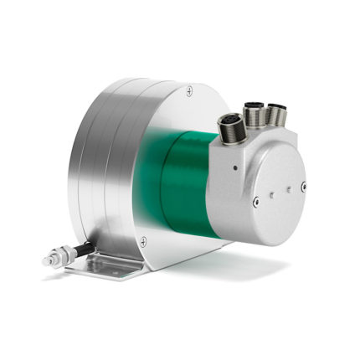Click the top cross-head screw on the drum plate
[x=189, y=89]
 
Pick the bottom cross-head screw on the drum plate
[x=143, y=241]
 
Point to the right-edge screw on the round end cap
[x=302, y=186]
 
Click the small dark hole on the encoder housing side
[x=236, y=169]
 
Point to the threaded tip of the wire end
[x=48, y=261]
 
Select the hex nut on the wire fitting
[x=64, y=255]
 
